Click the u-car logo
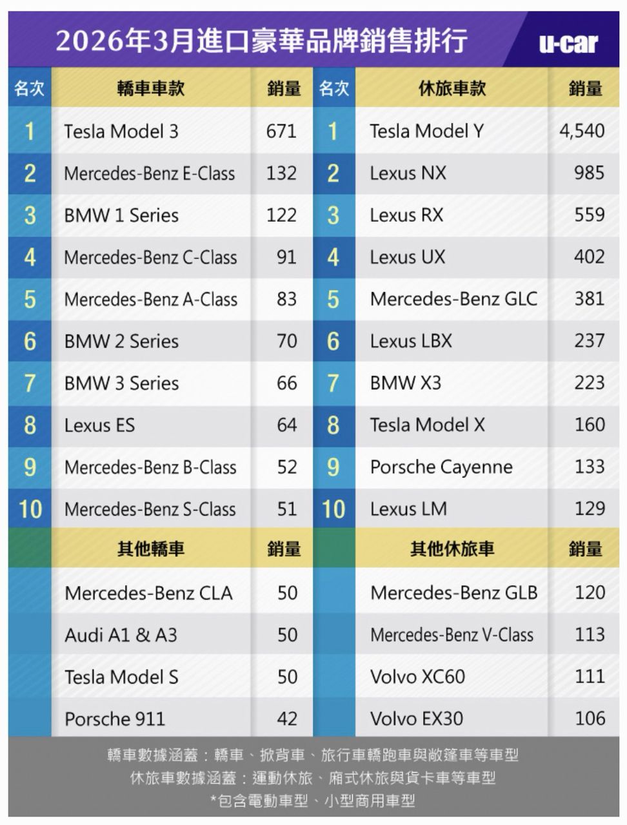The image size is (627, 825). pyautogui.click(x=568, y=43)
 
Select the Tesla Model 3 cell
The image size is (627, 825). pyautogui.click(x=121, y=131)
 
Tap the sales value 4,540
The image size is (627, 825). pyautogui.click(x=582, y=131)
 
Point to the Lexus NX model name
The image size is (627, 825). pyautogui.click(x=408, y=173)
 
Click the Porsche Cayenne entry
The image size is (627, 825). pyautogui.click(x=441, y=467)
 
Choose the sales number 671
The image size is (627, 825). pyautogui.click(x=281, y=131)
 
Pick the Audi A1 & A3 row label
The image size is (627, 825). pyautogui.click(x=121, y=635)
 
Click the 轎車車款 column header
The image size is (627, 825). pyautogui.click(x=151, y=88)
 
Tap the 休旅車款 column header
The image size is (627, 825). pyautogui.click(x=452, y=88)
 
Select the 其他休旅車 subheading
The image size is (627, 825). pyautogui.click(x=452, y=548)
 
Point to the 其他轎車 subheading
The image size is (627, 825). pyautogui.click(x=151, y=548)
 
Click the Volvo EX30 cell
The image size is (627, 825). pyautogui.click(x=417, y=718)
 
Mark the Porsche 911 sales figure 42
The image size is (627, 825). pyautogui.click(x=287, y=718)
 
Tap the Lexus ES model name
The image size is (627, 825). pyautogui.click(x=99, y=425)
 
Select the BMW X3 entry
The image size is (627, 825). pyautogui.click(x=406, y=383)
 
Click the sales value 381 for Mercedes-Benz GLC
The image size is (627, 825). pyautogui.click(x=590, y=298)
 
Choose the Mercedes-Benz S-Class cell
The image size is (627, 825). pyautogui.click(x=150, y=509)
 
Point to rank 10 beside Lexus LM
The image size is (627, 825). pyautogui.click(x=333, y=509)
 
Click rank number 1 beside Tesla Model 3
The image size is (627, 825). pyautogui.click(x=30, y=131)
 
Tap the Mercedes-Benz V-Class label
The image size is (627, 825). pyautogui.click(x=452, y=635)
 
